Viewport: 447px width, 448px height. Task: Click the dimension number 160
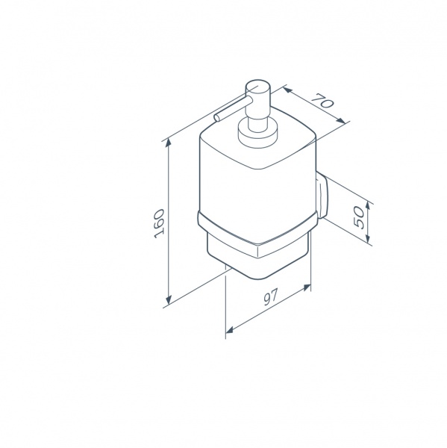click(x=159, y=223)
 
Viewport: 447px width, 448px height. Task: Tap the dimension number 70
click(x=322, y=100)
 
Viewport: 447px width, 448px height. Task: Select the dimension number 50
click(x=359, y=217)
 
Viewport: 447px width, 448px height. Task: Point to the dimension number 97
click(x=270, y=297)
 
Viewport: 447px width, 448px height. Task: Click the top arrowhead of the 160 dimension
click(x=169, y=143)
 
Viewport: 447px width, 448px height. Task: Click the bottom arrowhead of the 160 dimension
click(x=169, y=299)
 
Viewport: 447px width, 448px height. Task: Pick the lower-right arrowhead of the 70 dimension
click(x=341, y=120)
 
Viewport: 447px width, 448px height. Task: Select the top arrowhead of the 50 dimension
click(x=369, y=206)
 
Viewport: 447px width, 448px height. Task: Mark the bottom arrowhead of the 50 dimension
click(x=369, y=237)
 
